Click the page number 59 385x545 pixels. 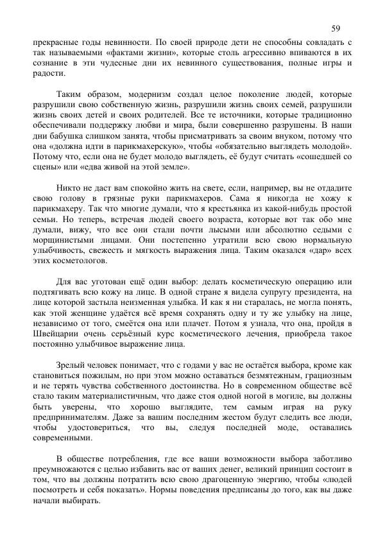point(336,28)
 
